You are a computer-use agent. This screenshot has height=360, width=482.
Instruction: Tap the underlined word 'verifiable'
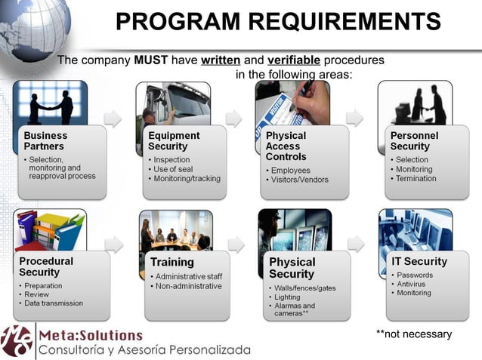pyautogui.click(x=293, y=60)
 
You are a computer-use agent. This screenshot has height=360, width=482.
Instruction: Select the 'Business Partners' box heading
pyautogui.click(x=45, y=141)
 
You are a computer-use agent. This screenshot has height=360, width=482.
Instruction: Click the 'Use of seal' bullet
pyautogui.click(x=174, y=169)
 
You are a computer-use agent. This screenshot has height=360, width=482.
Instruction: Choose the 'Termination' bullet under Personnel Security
pyautogui.click(x=416, y=179)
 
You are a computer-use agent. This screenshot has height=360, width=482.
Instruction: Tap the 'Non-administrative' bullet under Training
pyautogui.click(x=188, y=286)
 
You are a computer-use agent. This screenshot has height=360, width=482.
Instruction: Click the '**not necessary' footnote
pyautogui.click(x=413, y=334)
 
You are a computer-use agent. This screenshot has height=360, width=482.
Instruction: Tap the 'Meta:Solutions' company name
pyautogui.click(x=91, y=334)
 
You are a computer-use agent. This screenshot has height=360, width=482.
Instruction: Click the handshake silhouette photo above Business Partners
pyautogui.click(x=51, y=103)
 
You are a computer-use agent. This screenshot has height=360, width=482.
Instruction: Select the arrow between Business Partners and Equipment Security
pyautogui.click(x=113, y=118)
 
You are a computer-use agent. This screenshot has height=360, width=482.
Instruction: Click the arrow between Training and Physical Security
pyautogui.click(x=236, y=243)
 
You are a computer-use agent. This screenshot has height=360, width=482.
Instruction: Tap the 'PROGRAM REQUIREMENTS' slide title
pyautogui.click(x=278, y=22)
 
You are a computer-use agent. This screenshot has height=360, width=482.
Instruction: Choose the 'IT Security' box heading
pyautogui.click(x=419, y=262)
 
